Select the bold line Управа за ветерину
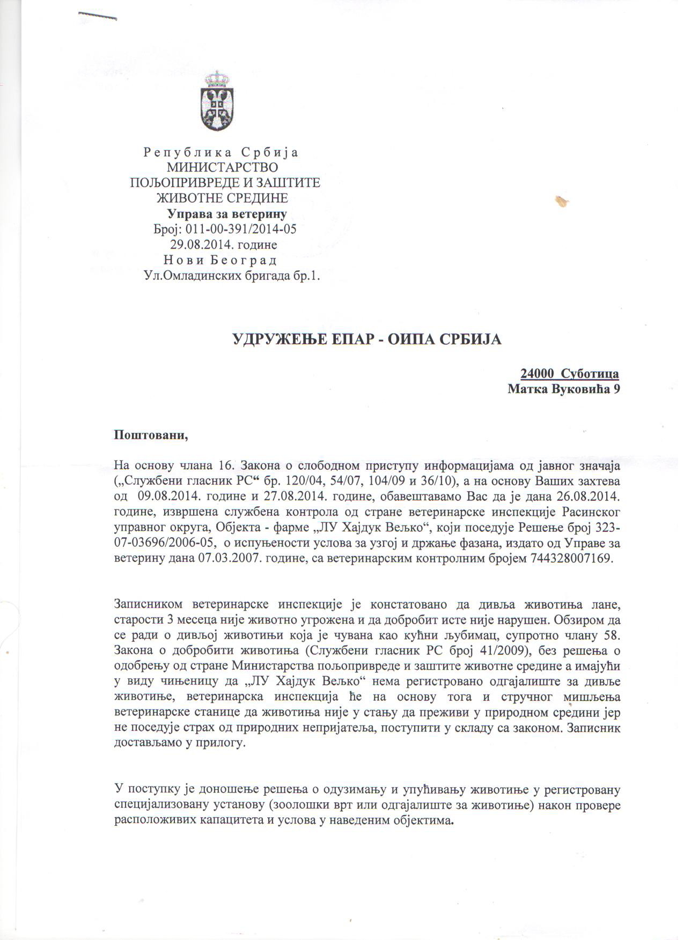tap(227, 214)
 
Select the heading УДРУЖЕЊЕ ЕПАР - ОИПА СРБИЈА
tap(366, 339)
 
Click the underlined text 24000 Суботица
tap(570, 374)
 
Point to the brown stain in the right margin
tap(563, 202)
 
